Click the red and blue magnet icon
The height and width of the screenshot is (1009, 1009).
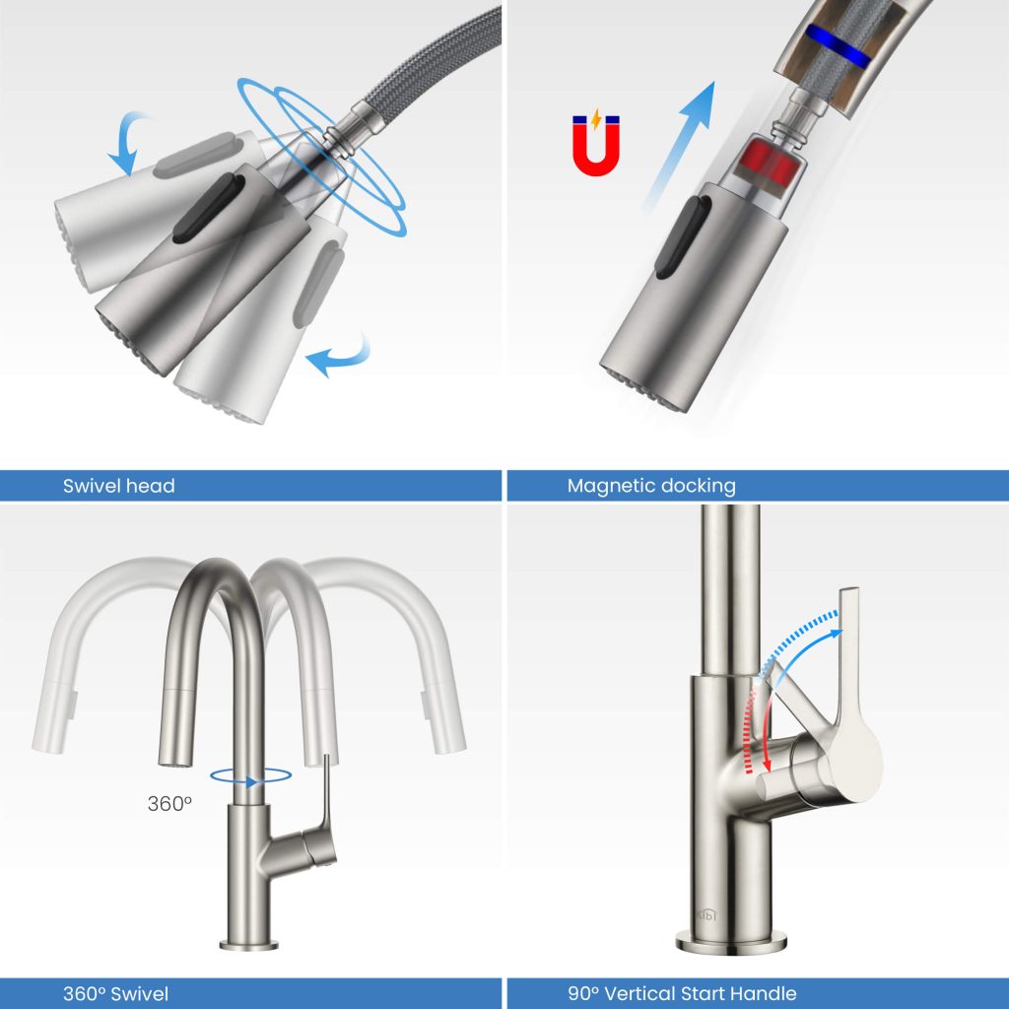(x=594, y=142)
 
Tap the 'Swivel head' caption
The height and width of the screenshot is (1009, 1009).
(x=118, y=485)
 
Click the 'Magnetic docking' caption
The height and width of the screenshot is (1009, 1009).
(x=650, y=485)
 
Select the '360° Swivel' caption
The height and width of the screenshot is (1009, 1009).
(x=117, y=993)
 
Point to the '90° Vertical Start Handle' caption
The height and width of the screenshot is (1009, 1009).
(x=681, y=993)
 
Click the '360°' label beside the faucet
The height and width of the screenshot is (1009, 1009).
(x=169, y=803)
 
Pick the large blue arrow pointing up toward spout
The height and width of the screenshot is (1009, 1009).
(x=681, y=144)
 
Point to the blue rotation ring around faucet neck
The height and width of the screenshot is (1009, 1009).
(x=251, y=777)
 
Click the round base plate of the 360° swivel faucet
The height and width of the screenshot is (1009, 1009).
(x=248, y=946)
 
